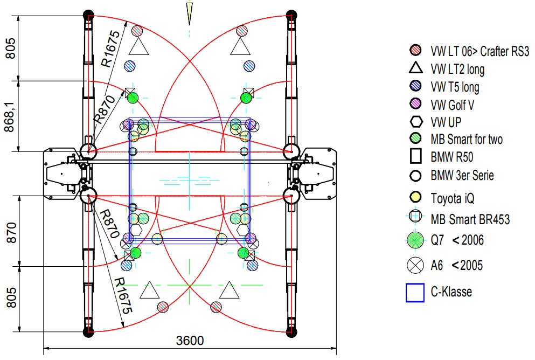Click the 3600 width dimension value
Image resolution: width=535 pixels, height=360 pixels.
click(190, 341)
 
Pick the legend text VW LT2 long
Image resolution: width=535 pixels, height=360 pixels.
click(457, 70)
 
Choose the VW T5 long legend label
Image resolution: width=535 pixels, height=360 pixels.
click(455, 87)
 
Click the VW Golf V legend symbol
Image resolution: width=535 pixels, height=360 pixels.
click(415, 104)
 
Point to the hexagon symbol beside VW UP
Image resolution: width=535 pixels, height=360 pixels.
click(415, 122)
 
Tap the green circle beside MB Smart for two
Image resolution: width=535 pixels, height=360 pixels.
click(415, 139)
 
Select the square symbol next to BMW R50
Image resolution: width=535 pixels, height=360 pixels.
click(415, 157)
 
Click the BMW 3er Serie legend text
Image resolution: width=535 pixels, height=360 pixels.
click(462, 175)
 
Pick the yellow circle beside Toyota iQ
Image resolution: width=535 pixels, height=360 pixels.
click(415, 198)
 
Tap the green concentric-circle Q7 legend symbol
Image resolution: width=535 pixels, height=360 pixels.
click(415, 240)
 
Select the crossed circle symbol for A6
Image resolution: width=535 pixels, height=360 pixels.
click(415, 265)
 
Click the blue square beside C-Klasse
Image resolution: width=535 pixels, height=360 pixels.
click(415, 293)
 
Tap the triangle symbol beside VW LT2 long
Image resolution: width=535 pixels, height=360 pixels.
click(415, 68)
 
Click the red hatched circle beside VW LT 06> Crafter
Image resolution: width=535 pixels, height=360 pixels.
click(415, 51)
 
